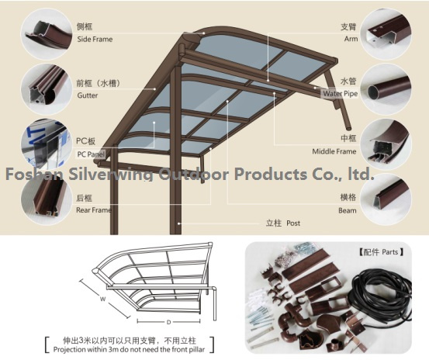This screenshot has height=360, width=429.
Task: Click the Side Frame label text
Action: [95, 39]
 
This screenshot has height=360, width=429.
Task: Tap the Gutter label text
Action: [88, 95]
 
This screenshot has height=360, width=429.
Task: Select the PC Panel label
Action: [91, 154]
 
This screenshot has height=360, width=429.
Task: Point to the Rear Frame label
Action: [94, 210]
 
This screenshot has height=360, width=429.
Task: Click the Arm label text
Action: [351, 39]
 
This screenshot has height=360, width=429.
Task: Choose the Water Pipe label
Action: [340, 94]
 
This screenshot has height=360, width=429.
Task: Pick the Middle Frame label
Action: [334, 151]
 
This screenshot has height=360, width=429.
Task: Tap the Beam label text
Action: [348, 210]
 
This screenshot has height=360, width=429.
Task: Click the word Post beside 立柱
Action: [293, 223]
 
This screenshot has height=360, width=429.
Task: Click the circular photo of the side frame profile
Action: [47, 34]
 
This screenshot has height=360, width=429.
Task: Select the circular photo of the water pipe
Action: [386, 89]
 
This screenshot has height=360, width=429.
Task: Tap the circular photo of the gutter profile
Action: [47, 89]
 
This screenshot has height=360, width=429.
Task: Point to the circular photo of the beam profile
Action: [386, 199]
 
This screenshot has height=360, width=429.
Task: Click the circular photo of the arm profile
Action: [386, 34]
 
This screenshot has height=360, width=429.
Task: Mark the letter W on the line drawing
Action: [102, 299]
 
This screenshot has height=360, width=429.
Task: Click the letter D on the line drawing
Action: [168, 322]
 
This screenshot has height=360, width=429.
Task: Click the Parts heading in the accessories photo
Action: [381, 251]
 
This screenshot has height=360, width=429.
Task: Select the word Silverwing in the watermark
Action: [111, 175]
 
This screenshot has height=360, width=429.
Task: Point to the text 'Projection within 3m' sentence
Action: [129, 350]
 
